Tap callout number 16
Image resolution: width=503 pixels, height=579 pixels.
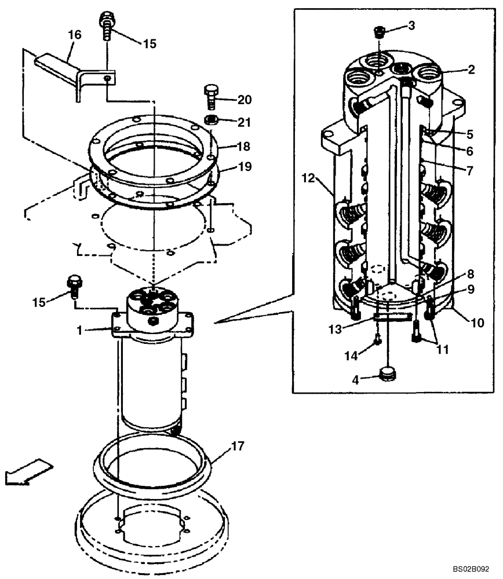tap(74, 35)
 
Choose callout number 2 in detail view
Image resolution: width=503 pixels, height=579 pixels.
tap(471, 70)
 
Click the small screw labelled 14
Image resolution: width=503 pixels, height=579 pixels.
tap(377, 341)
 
